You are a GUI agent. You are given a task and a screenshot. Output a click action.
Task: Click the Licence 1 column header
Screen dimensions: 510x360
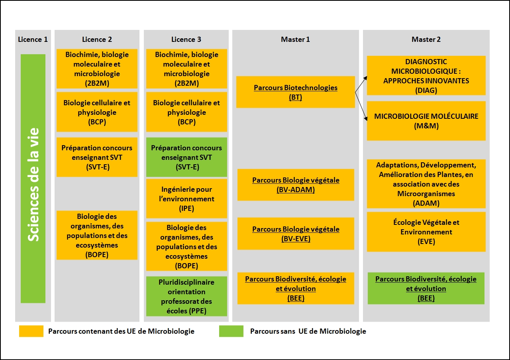(x=33, y=39)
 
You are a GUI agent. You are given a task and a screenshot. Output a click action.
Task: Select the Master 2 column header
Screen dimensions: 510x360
(x=426, y=39)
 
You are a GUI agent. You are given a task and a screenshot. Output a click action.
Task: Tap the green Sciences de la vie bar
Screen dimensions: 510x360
(x=33, y=178)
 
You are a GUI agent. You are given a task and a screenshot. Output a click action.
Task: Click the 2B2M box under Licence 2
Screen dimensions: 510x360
(x=97, y=69)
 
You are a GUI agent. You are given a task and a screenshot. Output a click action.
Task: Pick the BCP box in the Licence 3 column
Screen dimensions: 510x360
(x=186, y=112)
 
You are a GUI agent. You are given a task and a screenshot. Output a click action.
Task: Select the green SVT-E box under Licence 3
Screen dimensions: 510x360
(x=186, y=157)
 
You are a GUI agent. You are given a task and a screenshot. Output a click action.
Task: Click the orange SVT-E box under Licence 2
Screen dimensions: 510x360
(x=97, y=157)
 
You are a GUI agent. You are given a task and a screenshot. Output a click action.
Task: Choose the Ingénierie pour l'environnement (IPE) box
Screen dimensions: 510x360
(x=186, y=199)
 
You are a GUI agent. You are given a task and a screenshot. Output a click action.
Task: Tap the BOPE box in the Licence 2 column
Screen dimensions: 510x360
(x=97, y=235)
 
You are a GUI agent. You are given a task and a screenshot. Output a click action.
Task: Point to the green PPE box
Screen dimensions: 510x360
(x=186, y=296)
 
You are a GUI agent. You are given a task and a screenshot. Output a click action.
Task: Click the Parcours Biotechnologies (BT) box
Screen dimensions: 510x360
(x=296, y=92)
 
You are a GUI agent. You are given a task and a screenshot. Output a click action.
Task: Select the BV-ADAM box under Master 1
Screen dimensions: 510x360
(x=296, y=185)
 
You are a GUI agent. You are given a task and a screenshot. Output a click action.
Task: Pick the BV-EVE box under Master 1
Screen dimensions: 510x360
(x=296, y=234)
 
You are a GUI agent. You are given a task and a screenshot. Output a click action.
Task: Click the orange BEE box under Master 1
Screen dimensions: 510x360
(x=296, y=288)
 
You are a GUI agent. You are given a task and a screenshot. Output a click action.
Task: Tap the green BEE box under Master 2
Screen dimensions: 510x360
(x=426, y=288)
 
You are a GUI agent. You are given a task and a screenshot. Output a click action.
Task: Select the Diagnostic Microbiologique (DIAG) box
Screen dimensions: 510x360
(x=426, y=75)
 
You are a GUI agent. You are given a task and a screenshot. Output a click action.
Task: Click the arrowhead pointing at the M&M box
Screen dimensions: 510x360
(x=366, y=119)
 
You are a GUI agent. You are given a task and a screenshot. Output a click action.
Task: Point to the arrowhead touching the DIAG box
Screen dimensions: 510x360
(x=365, y=78)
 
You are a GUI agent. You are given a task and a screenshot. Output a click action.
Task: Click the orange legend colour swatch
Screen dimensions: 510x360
(x=31, y=331)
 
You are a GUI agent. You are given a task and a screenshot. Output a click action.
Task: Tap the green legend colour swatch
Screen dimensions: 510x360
(x=231, y=331)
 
